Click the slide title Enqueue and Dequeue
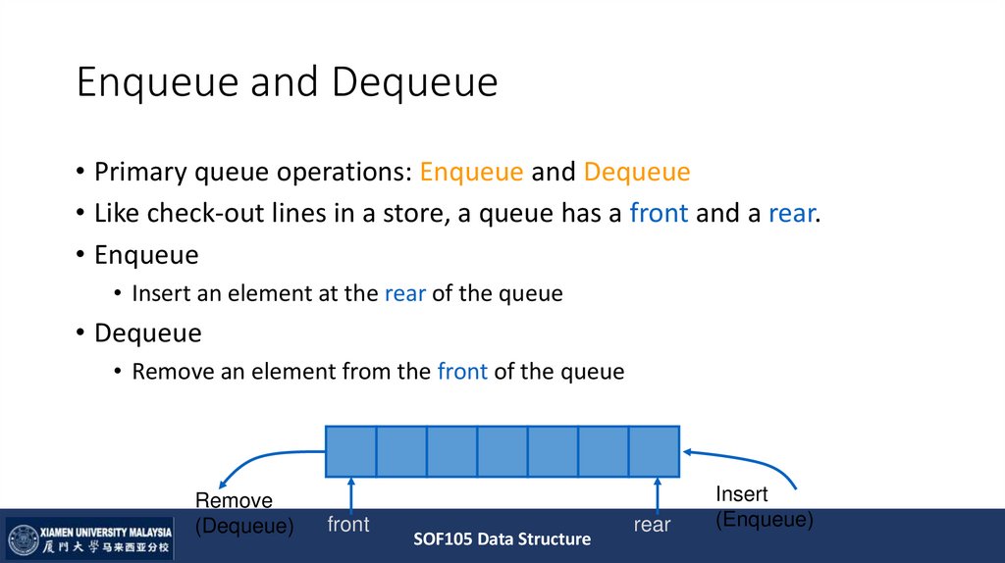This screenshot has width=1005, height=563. tap(287, 83)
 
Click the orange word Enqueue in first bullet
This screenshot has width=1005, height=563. tap(471, 173)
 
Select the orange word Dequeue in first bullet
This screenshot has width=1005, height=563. tap(637, 173)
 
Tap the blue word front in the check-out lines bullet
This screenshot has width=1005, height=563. tap(659, 214)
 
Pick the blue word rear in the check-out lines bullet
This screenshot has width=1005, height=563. tap(791, 214)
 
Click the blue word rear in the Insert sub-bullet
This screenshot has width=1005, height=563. tap(404, 293)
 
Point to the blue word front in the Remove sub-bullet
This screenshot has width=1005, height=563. tap(462, 372)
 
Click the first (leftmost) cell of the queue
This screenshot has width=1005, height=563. tap(350, 451)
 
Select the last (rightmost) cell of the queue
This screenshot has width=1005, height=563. tap(654, 451)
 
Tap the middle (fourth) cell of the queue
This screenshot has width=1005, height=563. tap(502, 451)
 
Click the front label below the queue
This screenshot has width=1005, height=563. tap(348, 525)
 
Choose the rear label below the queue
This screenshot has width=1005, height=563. tap(652, 525)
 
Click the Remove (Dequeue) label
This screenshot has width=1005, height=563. tap(243, 514)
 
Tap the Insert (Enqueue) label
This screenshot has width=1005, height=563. tap(764, 507)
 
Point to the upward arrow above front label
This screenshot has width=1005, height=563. tap(350, 494)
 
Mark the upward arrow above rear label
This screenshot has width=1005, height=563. tap(657, 494)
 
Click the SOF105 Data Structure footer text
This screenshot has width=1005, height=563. tap(502, 539)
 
